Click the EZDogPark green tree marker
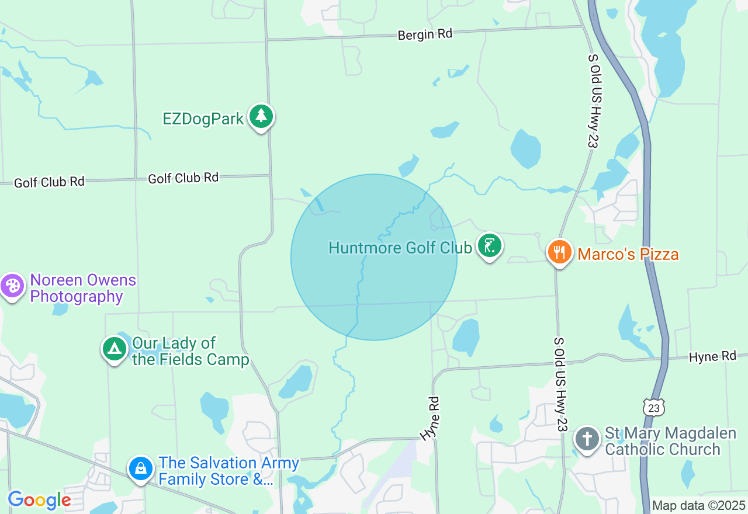pyautogui.click(x=261, y=116)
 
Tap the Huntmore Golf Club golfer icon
pyautogui.click(x=489, y=245)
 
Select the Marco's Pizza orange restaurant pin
pyautogui.click(x=559, y=252)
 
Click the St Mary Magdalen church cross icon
pyautogui.click(x=587, y=438)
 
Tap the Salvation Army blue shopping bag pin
pyautogui.click(x=141, y=468)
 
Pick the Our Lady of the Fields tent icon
pyautogui.click(x=115, y=349)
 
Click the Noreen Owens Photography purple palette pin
pyautogui.click(x=12, y=286)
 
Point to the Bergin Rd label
pyautogui.click(x=425, y=34)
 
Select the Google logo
pyautogui.click(x=39, y=500)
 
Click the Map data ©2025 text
pyautogui.click(x=698, y=505)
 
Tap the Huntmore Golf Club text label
pyautogui.click(x=400, y=248)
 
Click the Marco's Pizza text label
pyautogui.click(x=628, y=255)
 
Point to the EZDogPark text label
pyautogui.click(x=203, y=119)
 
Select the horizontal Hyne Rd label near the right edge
pyautogui.click(x=712, y=356)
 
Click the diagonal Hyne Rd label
pyautogui.click(x=430, y=418)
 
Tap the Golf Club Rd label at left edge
pyautogui.click(x=49, y=182)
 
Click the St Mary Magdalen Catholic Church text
pyautogui.click(x=662, y=441)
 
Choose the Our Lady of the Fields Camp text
pyautogui.click(x=191, y=351)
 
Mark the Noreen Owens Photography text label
pyautogui.click(x=82, y=288)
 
